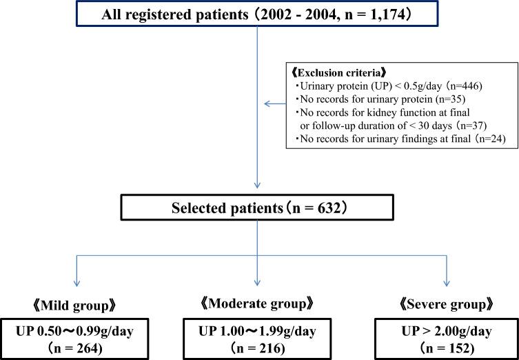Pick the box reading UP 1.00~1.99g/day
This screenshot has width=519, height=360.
(x=257, y=337)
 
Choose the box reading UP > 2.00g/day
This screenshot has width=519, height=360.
(x=447, y=337)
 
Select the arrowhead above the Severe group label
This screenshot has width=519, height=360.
(x=447, y=283)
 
